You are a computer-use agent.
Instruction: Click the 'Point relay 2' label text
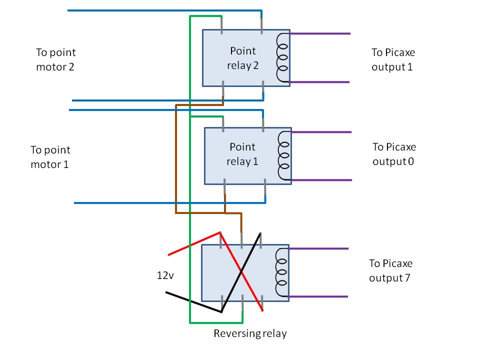click(242, 58)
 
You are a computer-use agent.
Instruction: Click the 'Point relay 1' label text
click(242, 154)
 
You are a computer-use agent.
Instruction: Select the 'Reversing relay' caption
click(250, 333)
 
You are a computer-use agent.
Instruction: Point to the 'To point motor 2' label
click(55, 59)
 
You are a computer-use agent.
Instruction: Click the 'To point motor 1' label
click(50, 157)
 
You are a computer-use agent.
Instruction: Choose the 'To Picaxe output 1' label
click(393, 59)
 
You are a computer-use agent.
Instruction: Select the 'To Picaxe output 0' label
click(394, 154)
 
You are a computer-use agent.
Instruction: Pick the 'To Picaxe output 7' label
click(390, 270)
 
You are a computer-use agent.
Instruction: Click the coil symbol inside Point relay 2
click(283, 57)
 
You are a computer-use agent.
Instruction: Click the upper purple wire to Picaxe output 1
click(320, 34)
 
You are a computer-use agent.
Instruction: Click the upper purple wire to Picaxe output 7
click(318, 248)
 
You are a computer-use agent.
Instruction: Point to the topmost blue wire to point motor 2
click(165, 10)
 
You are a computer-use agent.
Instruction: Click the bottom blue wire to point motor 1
click(170, 203)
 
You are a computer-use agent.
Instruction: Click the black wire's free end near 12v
click(167, 292)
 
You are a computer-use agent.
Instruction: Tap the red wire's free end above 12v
click(169, 254)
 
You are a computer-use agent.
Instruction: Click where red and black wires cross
click(241, 272)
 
